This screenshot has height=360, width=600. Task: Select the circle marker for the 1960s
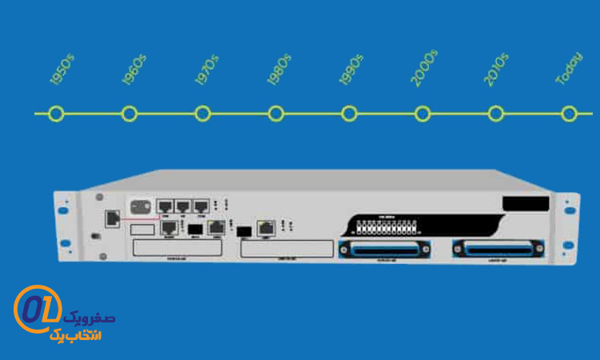point(130,114)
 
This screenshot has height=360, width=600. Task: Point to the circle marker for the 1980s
point(276,114)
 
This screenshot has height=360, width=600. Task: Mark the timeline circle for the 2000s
point(422,114)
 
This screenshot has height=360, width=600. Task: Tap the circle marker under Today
point(569,114)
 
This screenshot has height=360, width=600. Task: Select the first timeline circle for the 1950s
point(56,114)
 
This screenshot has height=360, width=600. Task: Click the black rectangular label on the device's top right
point(525,204)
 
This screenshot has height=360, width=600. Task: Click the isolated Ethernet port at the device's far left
point(113,218)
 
